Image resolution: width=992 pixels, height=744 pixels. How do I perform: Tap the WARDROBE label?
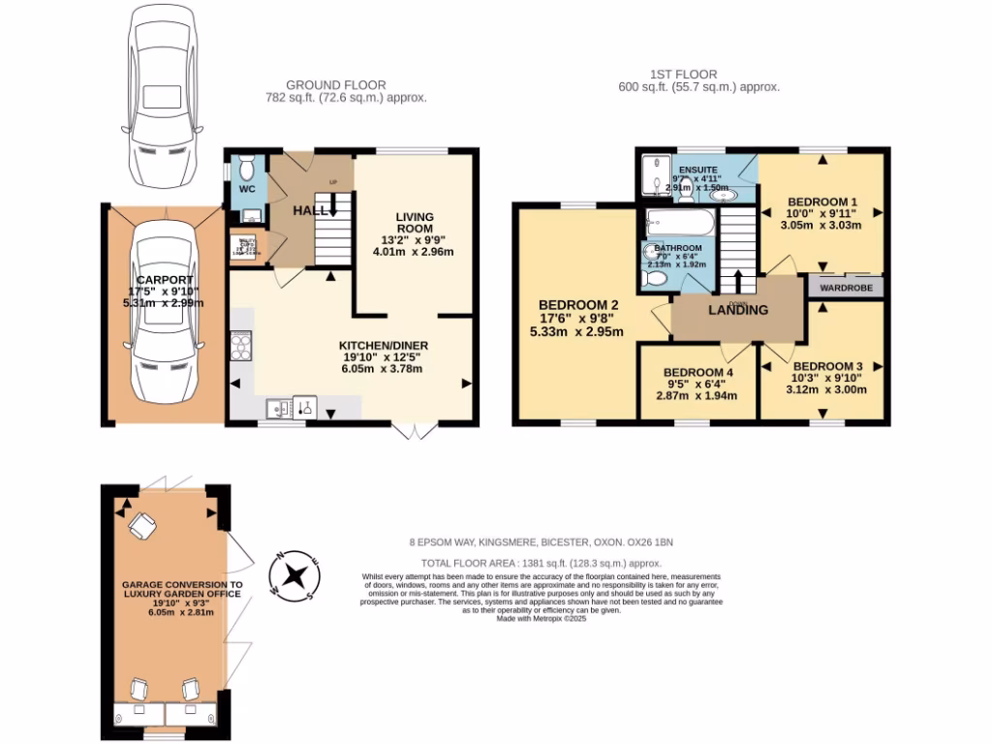point(846,288)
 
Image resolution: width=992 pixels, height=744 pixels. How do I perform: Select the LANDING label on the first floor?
point(738,310)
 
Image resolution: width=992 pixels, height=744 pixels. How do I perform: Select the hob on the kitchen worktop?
point(241,346)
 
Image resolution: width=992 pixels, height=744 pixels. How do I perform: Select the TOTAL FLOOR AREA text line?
point(541,563)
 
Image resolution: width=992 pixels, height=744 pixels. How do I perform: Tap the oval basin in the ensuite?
point(723,195)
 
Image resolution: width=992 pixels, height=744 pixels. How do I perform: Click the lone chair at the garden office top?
point(142,526)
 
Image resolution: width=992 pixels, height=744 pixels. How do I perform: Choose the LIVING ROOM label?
point(414,223)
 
